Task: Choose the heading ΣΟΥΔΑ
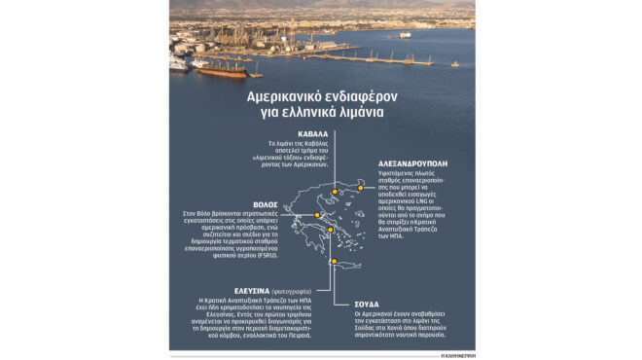tap(366, 303)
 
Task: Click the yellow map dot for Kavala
tap(334, 192)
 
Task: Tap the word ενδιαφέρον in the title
tap(358, 98)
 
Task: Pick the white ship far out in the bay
tap(405, 35)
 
